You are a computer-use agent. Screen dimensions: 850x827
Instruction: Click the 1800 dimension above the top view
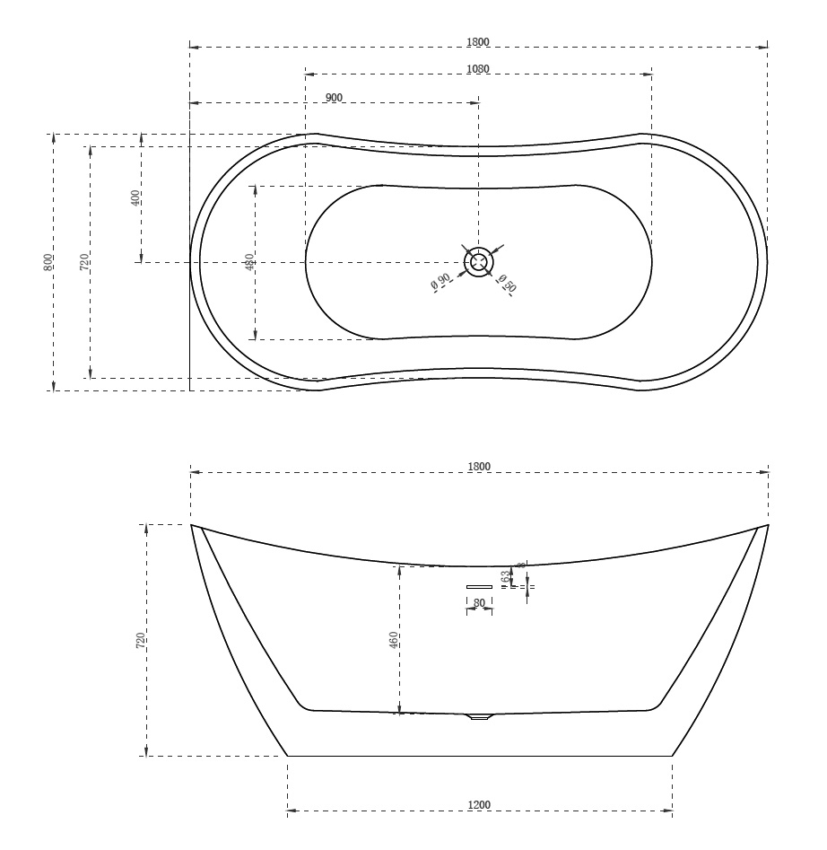(x=478, y=42)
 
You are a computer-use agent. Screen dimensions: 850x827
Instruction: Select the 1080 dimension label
(x=478, y=69)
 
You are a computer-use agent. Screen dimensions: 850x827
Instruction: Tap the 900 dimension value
(x=334, y=97)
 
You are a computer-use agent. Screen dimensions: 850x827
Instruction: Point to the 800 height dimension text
(x=48, y=262)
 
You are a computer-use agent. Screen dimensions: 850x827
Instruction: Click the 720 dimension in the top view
(x=83, y=262)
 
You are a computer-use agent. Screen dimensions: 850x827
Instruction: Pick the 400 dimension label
(x=135, y=198)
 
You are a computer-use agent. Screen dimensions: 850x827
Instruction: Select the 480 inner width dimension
(x=249, y=262)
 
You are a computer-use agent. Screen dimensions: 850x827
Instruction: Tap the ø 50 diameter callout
(x=508, y=284)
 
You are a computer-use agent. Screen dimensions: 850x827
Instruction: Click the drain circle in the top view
(x=478, y=262)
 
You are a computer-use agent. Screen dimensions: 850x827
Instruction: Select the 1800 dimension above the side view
(x=479, y=466)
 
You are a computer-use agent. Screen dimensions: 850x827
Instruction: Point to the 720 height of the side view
(x=140, y=640)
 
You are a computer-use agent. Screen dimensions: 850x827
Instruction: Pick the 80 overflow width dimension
(x=479, y=603)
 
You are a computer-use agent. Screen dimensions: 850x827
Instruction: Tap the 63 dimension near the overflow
(x=505, y=575)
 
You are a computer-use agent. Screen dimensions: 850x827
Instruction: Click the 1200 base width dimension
(x=479, y=805)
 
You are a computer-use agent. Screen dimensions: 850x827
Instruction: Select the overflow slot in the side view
(x=479, y=587)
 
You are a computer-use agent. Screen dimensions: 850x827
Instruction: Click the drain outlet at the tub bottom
(x=480, y=716)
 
